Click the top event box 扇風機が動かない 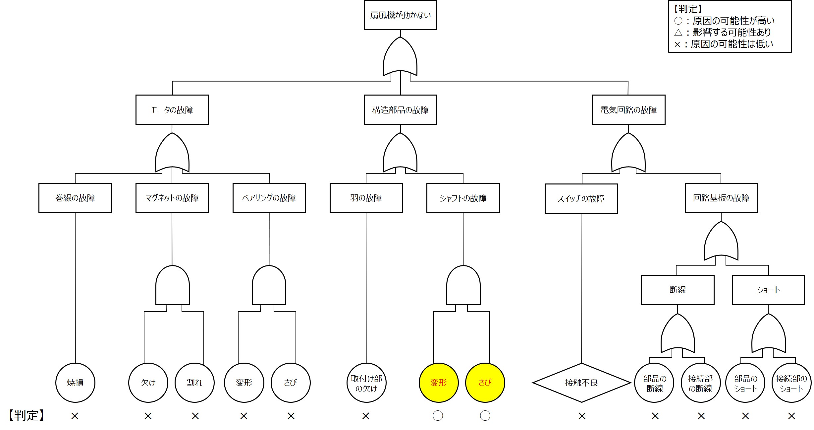(400, 15)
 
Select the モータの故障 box (172, 110)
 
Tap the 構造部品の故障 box (400, 110)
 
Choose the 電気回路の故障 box (628, 110)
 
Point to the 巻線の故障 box (75, 198)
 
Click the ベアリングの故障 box (269, 198)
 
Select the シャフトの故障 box (463, 198)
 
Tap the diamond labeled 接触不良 (581, 383)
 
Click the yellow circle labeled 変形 (439, 383)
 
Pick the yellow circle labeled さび (485, 383)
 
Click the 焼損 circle (75, 383)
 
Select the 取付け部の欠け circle (366, 383)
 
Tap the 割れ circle (194, 383)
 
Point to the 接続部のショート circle (791, 383)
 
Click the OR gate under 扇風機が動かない (400, 58)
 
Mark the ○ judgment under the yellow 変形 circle (438, 416)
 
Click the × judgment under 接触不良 (582, 416)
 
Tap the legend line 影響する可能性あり (724, 32)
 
